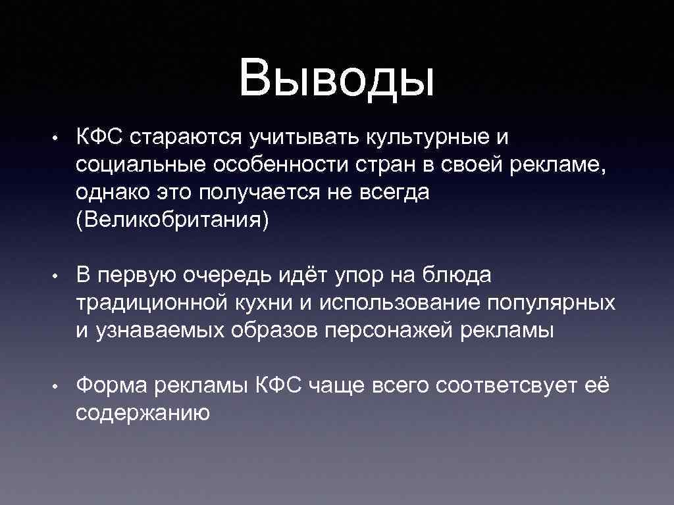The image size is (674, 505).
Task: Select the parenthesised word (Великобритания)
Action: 173,220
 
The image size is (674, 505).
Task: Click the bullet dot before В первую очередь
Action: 57,276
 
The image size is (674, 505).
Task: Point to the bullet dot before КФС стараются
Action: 57,139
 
